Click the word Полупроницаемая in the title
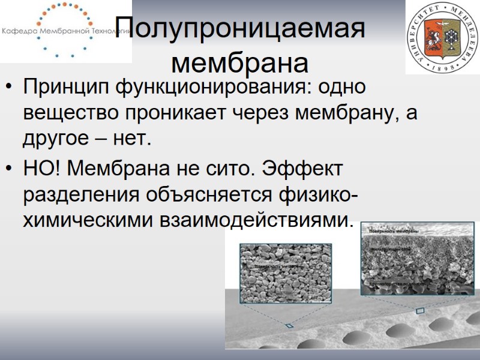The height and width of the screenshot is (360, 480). (x=240, y=28)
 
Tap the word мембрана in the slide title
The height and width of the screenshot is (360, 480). (x=240, y=61)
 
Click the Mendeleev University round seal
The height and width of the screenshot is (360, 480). (x=442, y=38)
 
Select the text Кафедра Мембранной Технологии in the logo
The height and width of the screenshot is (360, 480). (x=66, y=31)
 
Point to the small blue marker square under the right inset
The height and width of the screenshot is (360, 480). (x=419, y=310)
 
